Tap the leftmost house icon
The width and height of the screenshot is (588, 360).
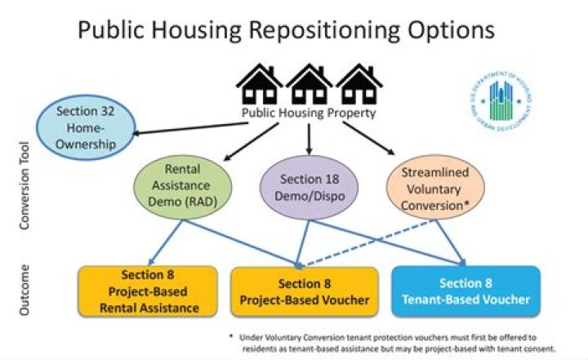(x=259, y=84)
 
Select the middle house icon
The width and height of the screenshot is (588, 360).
(x=309, y=84)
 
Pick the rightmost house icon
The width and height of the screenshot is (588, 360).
(x=359, y=84)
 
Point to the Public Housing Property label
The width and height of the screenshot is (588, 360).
(x=309, y=113)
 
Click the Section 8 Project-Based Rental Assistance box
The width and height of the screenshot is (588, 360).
(x=148, y=291)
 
